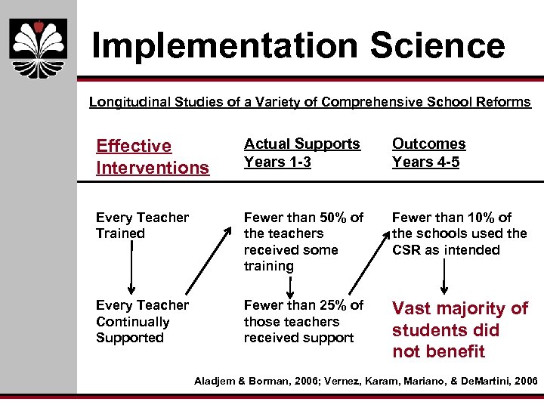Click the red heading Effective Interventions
pos(152,156)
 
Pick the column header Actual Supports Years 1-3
pos(301,153)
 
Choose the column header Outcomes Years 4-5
pos(428,153)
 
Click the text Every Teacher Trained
pos(141,225)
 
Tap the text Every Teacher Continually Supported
pos(141,321)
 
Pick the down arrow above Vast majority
pos(444,277)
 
